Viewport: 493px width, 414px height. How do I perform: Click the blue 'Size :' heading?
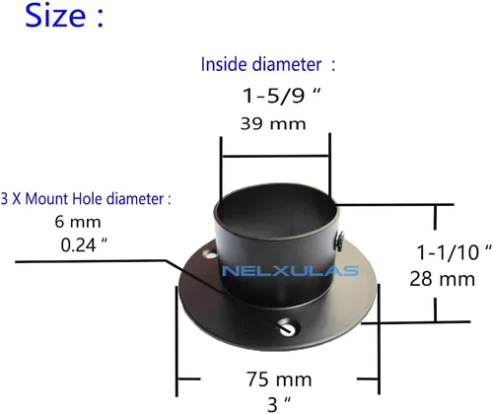64,16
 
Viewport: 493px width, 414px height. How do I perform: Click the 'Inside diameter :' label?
268,64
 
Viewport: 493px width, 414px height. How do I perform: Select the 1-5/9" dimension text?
281,96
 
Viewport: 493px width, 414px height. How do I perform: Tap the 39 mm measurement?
273,124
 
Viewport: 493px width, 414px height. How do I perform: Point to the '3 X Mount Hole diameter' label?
86,199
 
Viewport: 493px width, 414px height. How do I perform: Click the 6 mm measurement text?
78,222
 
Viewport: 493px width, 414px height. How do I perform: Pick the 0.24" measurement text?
84,245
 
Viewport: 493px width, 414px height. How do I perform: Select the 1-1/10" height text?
454,252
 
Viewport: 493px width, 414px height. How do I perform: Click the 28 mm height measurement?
443,279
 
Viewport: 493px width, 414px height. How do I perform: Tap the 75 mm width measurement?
279,379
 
